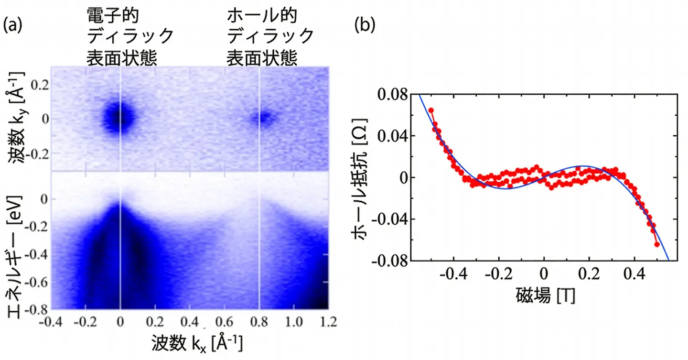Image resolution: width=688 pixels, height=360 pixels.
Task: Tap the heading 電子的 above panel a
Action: pyautogui.click(x=112, y=16)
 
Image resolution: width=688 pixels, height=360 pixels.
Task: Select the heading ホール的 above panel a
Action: pyautogui.click(x=262, y=16)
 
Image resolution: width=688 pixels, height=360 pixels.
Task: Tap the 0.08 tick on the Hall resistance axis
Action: pyautogui.click(x=393, y=95)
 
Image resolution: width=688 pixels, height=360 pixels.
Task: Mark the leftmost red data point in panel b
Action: pyautogui.click(x=430, y=110)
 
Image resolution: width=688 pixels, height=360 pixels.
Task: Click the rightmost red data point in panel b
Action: pyautogui.click(x=657, y=244)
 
